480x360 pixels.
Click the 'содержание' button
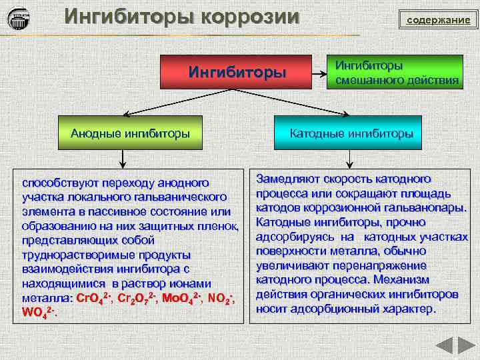(438, 20)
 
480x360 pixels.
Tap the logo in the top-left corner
(19, 19)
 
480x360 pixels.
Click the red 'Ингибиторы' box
(237, 72)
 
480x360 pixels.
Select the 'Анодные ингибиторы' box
(130, 133)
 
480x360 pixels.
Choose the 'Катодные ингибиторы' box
(351, 133)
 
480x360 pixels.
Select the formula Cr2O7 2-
(137, 297)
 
